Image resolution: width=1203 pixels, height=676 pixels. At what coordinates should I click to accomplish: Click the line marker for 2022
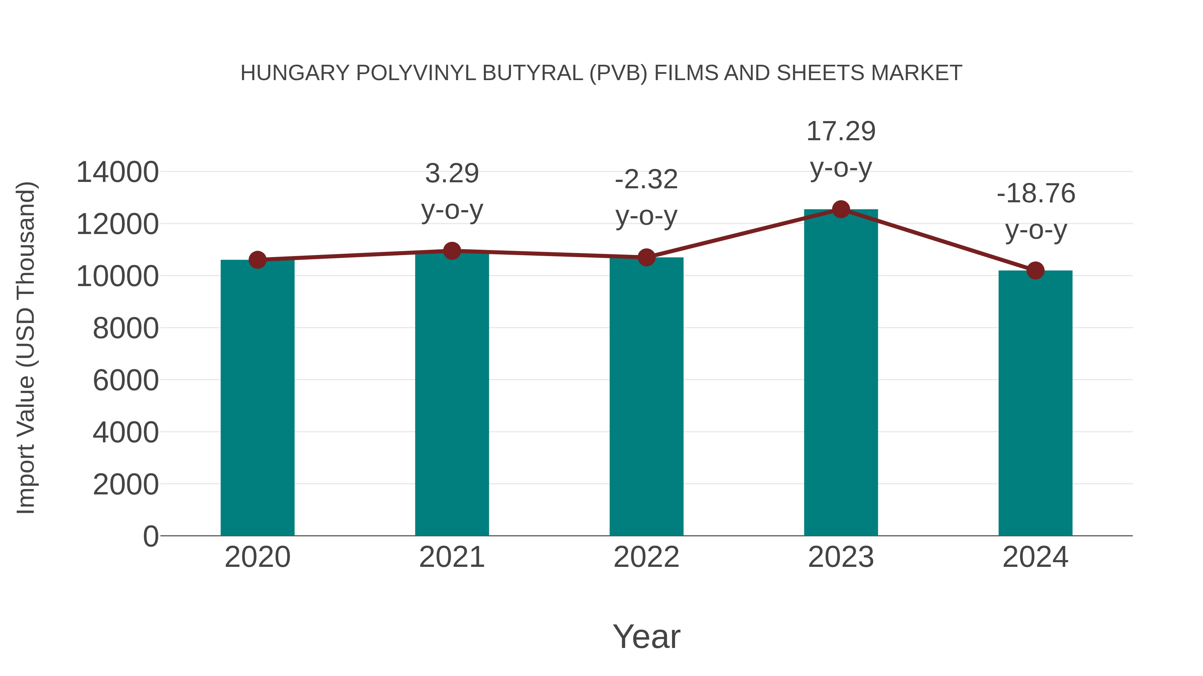click(x=646, y=257)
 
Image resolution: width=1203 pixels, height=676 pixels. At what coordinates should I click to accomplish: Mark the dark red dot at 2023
click(x=841, y=209)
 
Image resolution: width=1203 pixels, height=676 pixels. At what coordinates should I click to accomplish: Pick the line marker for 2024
click(x=1035, y=271)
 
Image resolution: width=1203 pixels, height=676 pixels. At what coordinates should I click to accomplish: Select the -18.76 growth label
click(x=1036, y=194)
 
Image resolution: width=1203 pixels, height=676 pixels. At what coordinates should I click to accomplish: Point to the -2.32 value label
click(x=646, y=180)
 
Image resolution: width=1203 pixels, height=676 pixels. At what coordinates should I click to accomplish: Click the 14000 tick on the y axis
click(x=117, y=172)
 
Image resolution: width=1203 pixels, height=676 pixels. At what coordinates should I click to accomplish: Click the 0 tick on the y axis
click(x=150, y=536)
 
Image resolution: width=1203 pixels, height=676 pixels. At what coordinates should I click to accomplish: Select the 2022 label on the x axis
click(x=646, y=557)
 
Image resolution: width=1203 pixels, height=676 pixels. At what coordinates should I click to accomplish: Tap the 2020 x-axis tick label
click(x=257, y=557)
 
